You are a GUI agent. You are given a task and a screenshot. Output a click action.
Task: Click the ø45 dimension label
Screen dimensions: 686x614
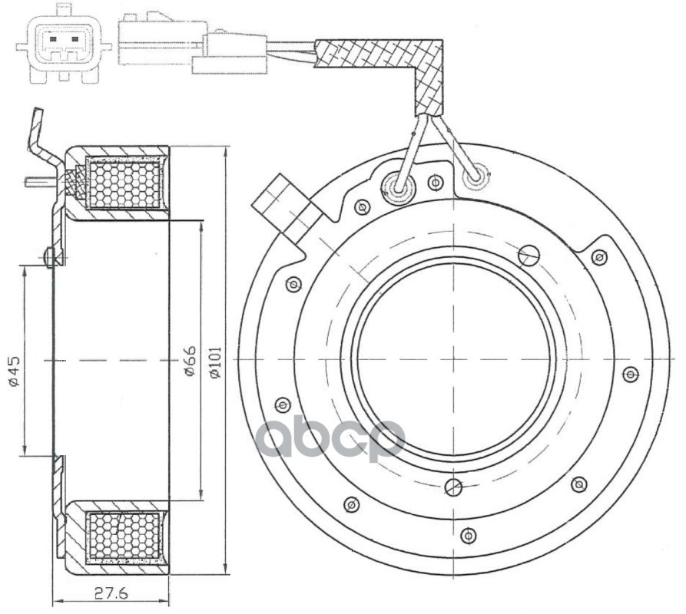tap(14, 371)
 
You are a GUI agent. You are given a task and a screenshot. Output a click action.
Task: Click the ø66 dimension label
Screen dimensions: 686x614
tap(190, 361)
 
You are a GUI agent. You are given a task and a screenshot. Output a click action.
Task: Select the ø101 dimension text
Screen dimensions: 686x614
tap(216, 361)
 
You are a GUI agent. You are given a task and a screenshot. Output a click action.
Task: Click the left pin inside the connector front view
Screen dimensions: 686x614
tap(53, 39)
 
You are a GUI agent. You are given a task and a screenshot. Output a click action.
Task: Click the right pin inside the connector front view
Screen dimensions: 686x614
tap(75, 39)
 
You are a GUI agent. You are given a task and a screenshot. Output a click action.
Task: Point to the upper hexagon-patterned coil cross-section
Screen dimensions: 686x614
tap(124, 183)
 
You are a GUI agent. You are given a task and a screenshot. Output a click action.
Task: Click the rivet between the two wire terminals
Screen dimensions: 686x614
tap(435, 182)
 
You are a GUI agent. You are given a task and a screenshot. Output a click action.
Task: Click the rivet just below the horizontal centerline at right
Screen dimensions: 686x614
tap(630, 374)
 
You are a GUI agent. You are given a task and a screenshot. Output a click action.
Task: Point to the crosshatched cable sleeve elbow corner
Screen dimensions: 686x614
tap(430, 56)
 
